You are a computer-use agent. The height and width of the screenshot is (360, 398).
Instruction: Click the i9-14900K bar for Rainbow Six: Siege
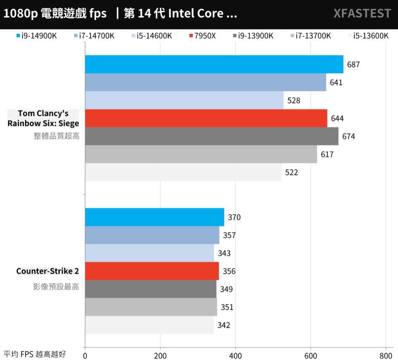(214, 64)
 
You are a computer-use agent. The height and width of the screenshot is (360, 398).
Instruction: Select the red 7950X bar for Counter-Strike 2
(152, 271)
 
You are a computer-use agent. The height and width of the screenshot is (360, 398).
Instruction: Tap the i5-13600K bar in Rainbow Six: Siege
(183, 172)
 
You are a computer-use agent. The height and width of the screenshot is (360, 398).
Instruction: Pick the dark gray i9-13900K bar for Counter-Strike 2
(151, 289)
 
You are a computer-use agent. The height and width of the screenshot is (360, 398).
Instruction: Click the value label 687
(353, 65)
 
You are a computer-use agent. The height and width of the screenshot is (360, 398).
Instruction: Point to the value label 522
(292, 173)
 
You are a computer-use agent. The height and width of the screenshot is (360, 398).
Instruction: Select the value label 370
(234, 217)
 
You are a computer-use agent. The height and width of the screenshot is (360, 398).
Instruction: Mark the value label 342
(224, 325)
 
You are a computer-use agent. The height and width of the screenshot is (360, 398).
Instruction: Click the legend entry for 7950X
(205, 36)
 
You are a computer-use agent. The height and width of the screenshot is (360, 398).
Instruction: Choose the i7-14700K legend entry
(96, 36)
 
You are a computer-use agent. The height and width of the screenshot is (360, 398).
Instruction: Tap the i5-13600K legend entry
(367, 36)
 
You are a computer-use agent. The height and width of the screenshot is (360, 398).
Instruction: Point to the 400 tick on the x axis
(236, 354)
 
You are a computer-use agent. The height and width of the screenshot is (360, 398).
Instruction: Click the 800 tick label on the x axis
(386, 354)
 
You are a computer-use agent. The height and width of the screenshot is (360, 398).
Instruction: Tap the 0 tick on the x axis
(85, 354)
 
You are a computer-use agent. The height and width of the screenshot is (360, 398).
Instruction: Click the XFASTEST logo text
(362, 14)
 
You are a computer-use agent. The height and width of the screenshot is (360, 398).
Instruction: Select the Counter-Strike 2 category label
(47, 271)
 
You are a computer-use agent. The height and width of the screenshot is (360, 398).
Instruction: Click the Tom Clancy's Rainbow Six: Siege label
(43, 118)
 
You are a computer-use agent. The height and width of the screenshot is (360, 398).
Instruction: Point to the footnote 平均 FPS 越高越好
(34, 354)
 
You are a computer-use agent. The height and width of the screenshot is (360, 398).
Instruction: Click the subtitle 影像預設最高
(56, 286)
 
